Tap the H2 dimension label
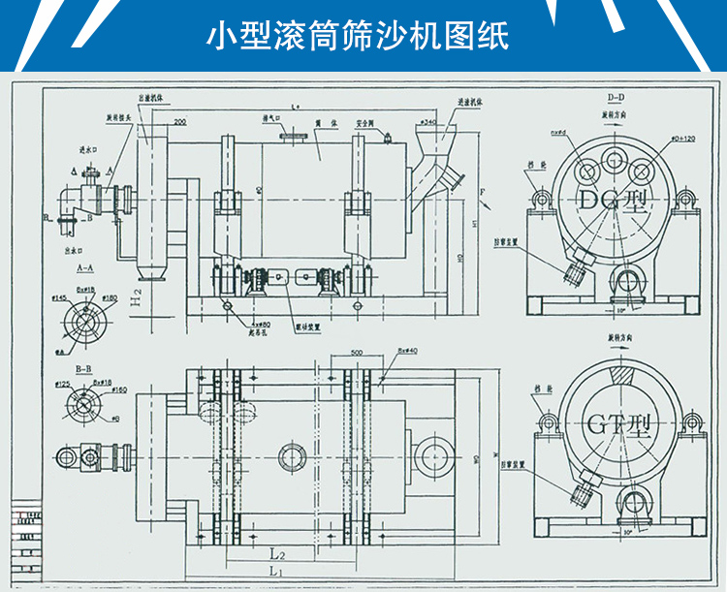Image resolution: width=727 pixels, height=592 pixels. pyautogui.click(x=138, y=296)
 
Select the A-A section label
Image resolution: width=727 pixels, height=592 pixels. pyautogui.click(x=82, y=265)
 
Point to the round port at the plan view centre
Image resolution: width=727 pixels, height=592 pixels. pyautogui.click(x=291, y=456)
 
